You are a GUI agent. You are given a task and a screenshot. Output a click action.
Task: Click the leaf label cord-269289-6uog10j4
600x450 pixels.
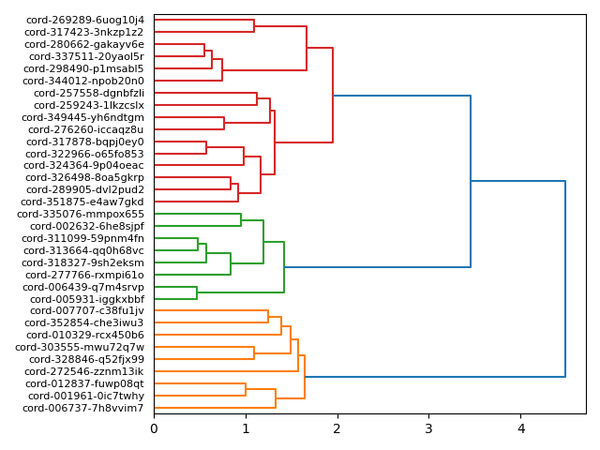point(85,20)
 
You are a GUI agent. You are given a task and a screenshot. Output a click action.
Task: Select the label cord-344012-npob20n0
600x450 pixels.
point(84,81)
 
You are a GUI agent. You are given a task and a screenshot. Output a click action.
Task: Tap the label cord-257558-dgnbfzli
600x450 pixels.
point(89,93)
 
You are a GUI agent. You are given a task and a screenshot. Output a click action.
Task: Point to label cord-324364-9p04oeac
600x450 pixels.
point(84,166)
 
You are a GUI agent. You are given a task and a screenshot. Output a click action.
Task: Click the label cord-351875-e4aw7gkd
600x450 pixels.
point(82,202)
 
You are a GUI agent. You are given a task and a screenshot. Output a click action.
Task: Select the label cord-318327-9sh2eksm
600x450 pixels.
point(83,262)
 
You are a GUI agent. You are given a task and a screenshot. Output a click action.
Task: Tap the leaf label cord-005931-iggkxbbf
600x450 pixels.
point(83,299)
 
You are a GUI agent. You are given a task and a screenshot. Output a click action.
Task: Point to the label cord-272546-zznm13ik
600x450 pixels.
point(84,371)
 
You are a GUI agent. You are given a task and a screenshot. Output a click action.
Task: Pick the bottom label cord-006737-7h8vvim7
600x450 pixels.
point(83,408)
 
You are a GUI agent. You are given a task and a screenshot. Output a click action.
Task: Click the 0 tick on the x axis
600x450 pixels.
point(154,429)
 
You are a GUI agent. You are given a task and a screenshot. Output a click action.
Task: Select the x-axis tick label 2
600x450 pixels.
point(337,429)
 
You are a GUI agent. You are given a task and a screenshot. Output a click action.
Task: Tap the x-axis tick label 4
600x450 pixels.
point(521,429)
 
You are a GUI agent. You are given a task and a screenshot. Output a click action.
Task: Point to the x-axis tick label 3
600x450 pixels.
point(429,429)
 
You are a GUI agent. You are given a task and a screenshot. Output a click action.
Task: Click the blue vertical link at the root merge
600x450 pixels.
point(565,278)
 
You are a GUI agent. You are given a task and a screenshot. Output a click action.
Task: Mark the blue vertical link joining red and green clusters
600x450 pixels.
point(471,181)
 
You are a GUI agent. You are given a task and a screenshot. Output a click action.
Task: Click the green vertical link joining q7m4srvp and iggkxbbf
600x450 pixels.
point(197,292)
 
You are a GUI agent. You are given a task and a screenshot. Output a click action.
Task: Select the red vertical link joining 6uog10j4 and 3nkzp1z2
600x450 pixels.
point(254,25)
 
